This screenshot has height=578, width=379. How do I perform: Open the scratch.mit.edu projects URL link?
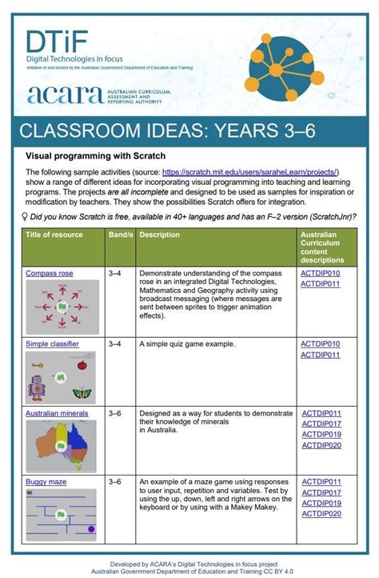pyautogui.click(x=250, y=172)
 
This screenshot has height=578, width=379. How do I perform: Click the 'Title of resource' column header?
pyautogui.click(x=54, y=235)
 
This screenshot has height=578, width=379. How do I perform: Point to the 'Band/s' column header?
pyautogui.click(x=119, y=235)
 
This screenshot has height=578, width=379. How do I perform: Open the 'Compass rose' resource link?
pyautogui.click(x=50, y=273)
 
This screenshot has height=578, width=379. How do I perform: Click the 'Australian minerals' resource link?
pyautogui.click(x=57, y=414)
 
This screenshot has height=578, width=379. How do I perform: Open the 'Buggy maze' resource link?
pyautogui.click(x=46, y=483)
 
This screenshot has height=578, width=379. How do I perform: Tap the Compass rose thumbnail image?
pyautogui.click(x=62, y=307)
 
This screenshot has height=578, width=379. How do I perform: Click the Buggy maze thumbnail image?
pyautogui.click(x=62, y=516)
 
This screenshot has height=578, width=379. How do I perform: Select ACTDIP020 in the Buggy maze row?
pyautogui.click(x=321, y=516)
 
